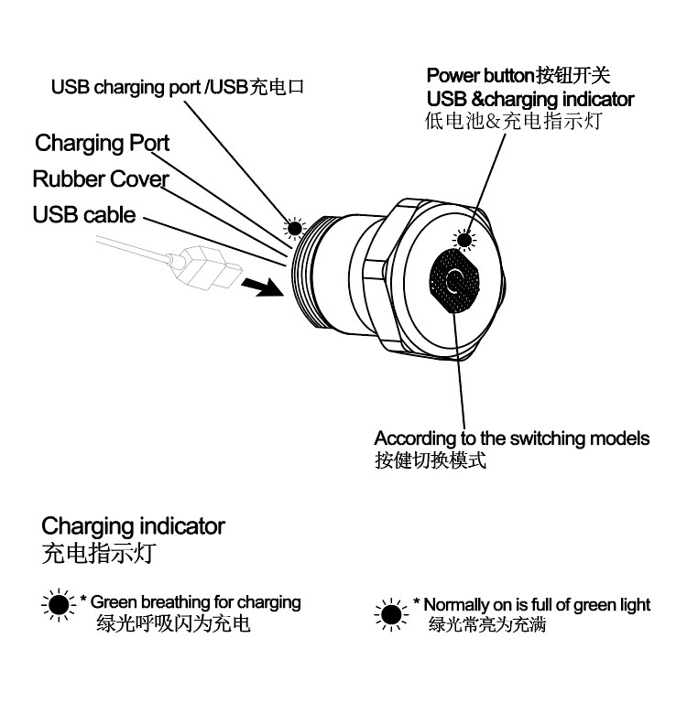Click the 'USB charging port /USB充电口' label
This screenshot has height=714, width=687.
pyautogui.click(x=177, y=88)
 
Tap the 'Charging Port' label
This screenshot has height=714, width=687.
pyautogui.click(x=103, y=144)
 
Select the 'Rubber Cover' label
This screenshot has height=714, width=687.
pyautogui.click(x=101, y=178)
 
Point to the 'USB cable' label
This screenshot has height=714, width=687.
pyautogui.click(x=84, y=215)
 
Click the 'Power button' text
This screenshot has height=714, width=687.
pyautogui.click(x=478, y=75)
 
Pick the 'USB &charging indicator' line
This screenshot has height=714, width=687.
pyautogui.click(x=530, y=99)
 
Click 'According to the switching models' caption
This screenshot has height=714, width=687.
pyautogui.click(x=512, y=438)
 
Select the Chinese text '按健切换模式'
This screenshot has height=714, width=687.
pyautogui.click(x=430, y=460)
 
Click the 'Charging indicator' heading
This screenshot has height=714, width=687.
pyautogui.click(x=133, y=526)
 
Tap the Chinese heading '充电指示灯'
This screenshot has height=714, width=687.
pyautogui.click(x=103, y=554)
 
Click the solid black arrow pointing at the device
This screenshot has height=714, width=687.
pyautogui.click(x=260, y=287)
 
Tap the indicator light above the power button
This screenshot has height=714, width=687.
pyautogui.click(x=465, y=240)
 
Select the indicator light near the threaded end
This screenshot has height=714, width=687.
pyautogui.click(x=294, y=228)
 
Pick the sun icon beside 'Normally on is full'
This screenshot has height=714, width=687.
pyautogui.click(x=392, y=614)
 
